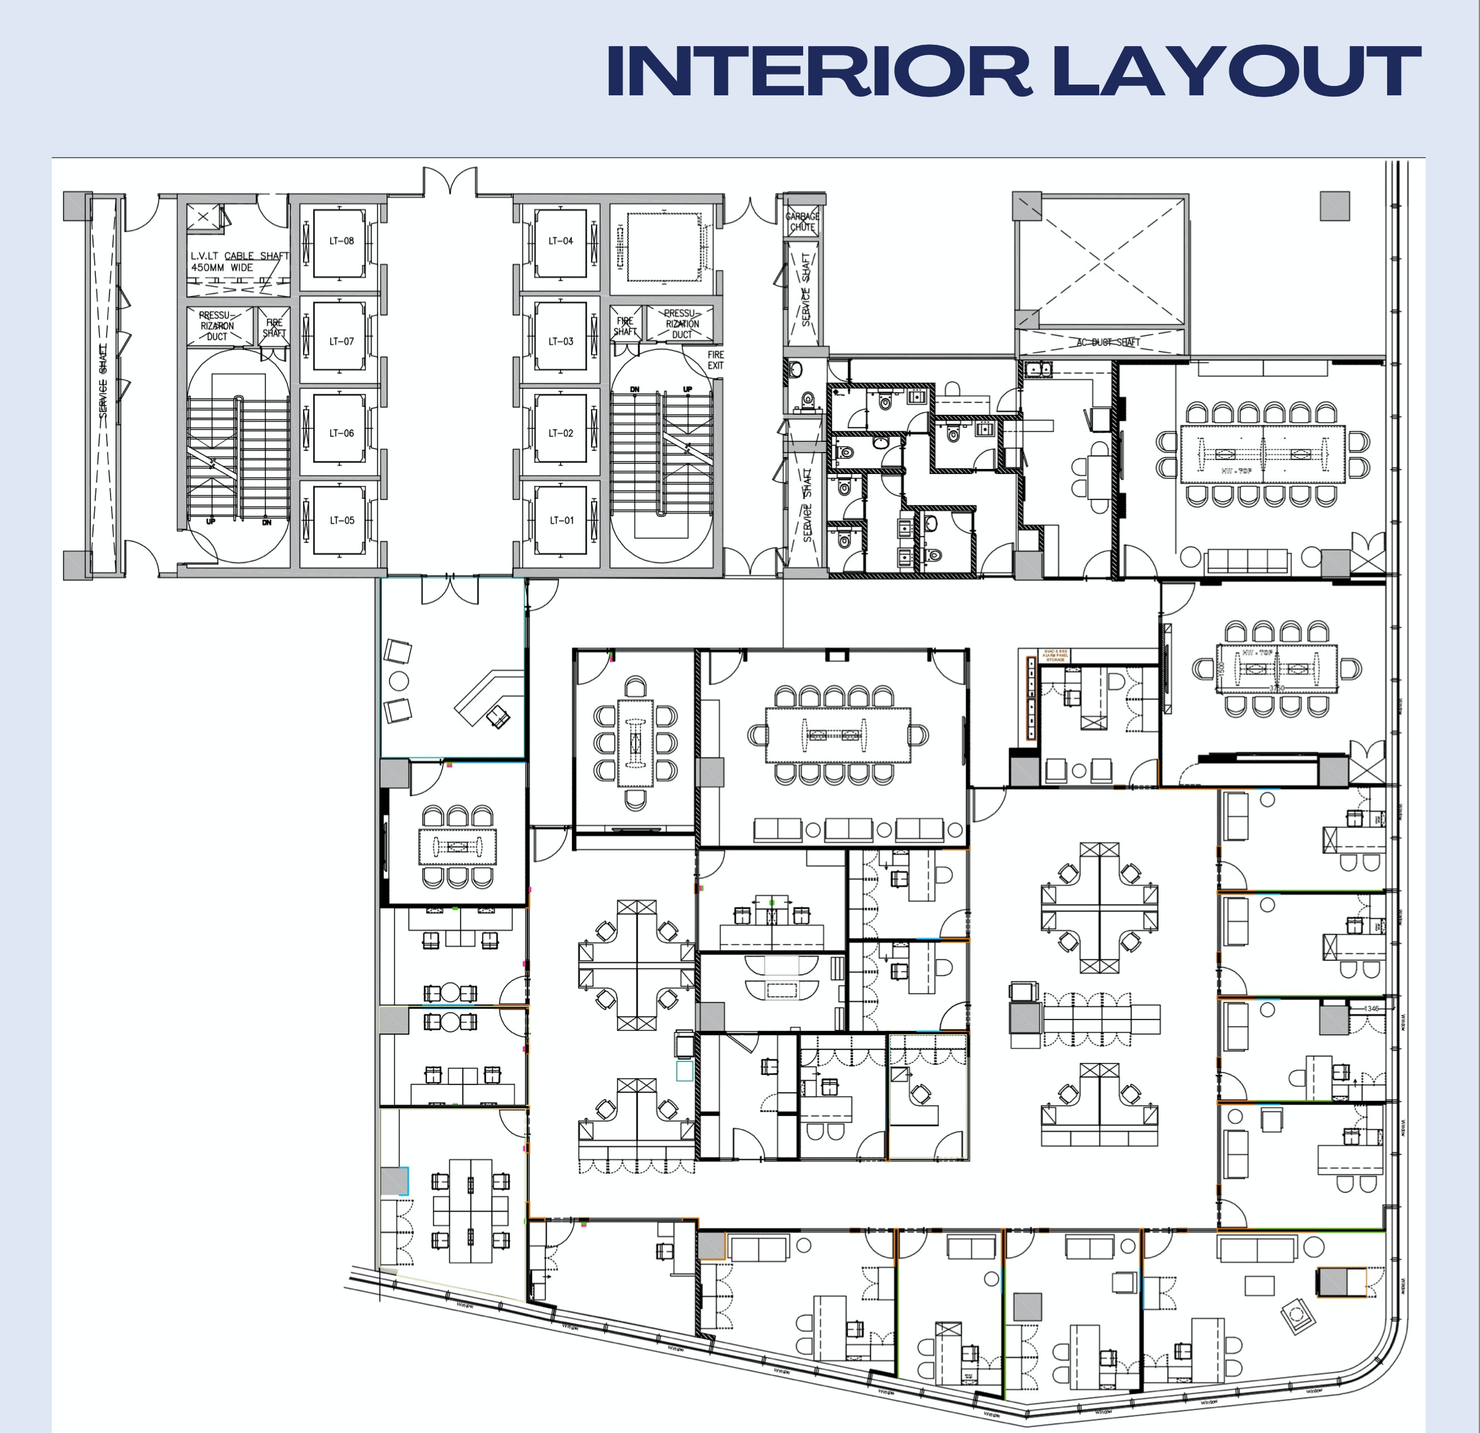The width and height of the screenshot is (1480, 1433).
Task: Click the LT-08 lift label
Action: (x=342, y=241)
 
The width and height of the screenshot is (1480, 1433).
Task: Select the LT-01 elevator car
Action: (x=561, y=520)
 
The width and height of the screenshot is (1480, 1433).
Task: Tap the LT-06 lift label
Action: (x=342, y=434)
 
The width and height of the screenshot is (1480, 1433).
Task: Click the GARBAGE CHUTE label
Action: (x=803, y=221)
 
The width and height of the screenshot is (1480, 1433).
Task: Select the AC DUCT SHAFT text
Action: (x=1107, y=342)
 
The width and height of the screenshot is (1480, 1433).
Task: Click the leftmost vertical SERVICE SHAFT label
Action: (x=104, y=381)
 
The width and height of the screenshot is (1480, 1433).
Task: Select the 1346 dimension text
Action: (x=1371, y=1008)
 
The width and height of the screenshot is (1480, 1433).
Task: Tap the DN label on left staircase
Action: (x=266, y=521)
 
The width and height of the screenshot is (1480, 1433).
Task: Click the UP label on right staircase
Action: (x=687, y=389)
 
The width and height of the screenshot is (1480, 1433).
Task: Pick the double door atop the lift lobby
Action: (x=450, y=181)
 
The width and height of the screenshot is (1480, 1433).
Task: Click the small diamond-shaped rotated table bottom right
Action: (x=1299, y=1315)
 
